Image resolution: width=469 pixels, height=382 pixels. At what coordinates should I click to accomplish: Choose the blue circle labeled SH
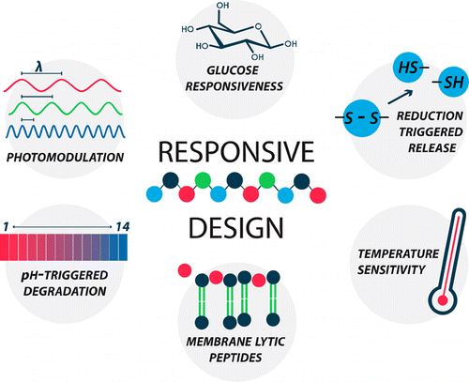[x=439, y=85]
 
